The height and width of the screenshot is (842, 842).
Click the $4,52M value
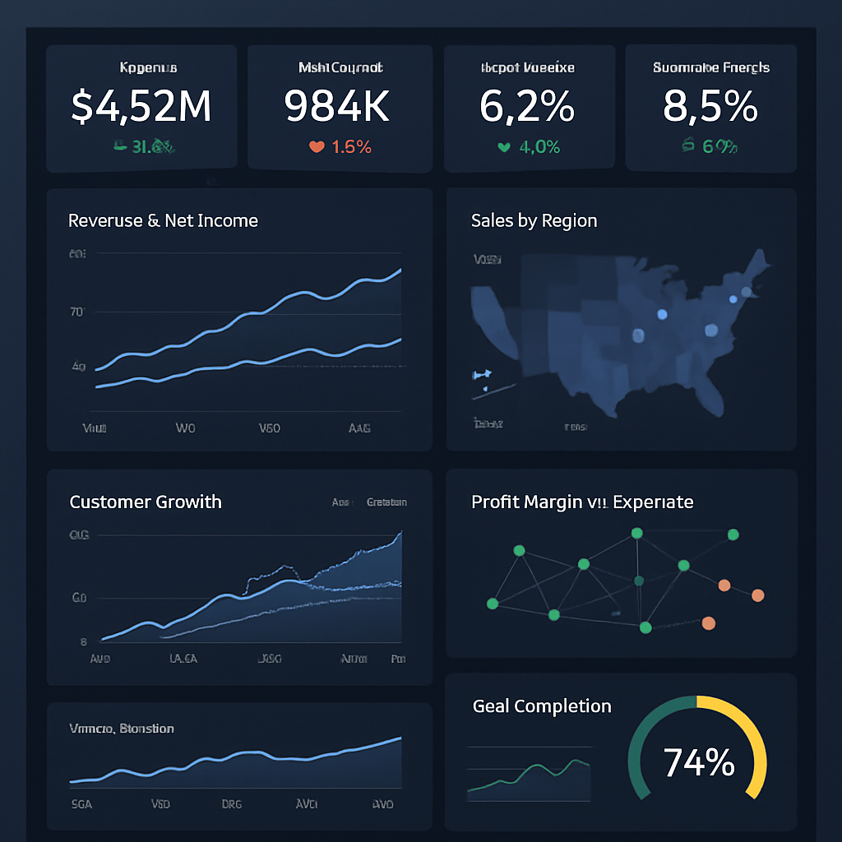tap(141, 106)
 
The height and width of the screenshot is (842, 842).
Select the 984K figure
tap(337, 106)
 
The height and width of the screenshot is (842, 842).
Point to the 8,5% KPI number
tap(710, 106)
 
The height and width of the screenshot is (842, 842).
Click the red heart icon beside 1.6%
tap(317, 147)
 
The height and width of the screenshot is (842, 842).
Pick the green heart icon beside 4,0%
tap(504, 147)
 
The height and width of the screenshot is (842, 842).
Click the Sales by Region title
tap(534, 220)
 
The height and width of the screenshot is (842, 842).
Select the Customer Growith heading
tap(146, 502)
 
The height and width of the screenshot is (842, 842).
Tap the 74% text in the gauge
tap(698, 762)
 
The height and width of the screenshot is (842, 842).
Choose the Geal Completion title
tap(542, 706)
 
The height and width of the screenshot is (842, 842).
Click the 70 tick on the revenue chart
tap(77, 312)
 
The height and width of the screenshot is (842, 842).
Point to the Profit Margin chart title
tap(581, 502)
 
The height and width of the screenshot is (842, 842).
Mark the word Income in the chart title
tap(227, 220)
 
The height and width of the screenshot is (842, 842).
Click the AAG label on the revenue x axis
tap(359, 428)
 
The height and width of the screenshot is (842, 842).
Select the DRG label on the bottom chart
tap(232, 803)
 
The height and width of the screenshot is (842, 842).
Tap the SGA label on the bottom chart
tap(81, 803)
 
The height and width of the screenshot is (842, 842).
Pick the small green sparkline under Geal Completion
tap(529, 777)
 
